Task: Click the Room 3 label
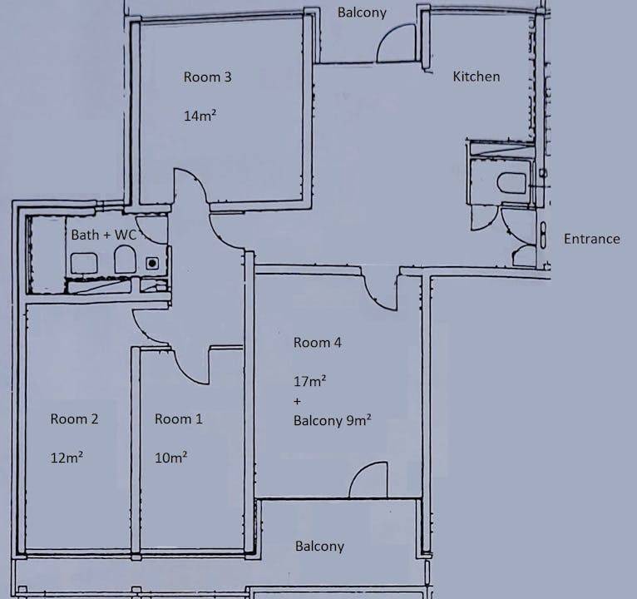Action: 207,77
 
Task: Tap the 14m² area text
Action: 200,116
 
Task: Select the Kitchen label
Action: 477,77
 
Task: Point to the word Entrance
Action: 591,239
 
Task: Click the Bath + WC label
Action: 105,235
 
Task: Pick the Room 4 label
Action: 318,343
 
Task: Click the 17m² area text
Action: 310,381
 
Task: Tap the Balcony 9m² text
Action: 333,420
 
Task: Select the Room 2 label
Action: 74,419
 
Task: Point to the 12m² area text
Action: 67,458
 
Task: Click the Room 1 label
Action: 178,419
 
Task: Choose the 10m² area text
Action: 171,458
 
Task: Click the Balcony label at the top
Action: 362,12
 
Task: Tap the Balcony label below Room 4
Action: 319,546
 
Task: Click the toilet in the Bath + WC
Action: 124,260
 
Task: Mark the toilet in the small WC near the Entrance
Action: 512,182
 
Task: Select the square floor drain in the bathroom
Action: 152,264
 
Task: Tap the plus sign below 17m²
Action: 297,402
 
